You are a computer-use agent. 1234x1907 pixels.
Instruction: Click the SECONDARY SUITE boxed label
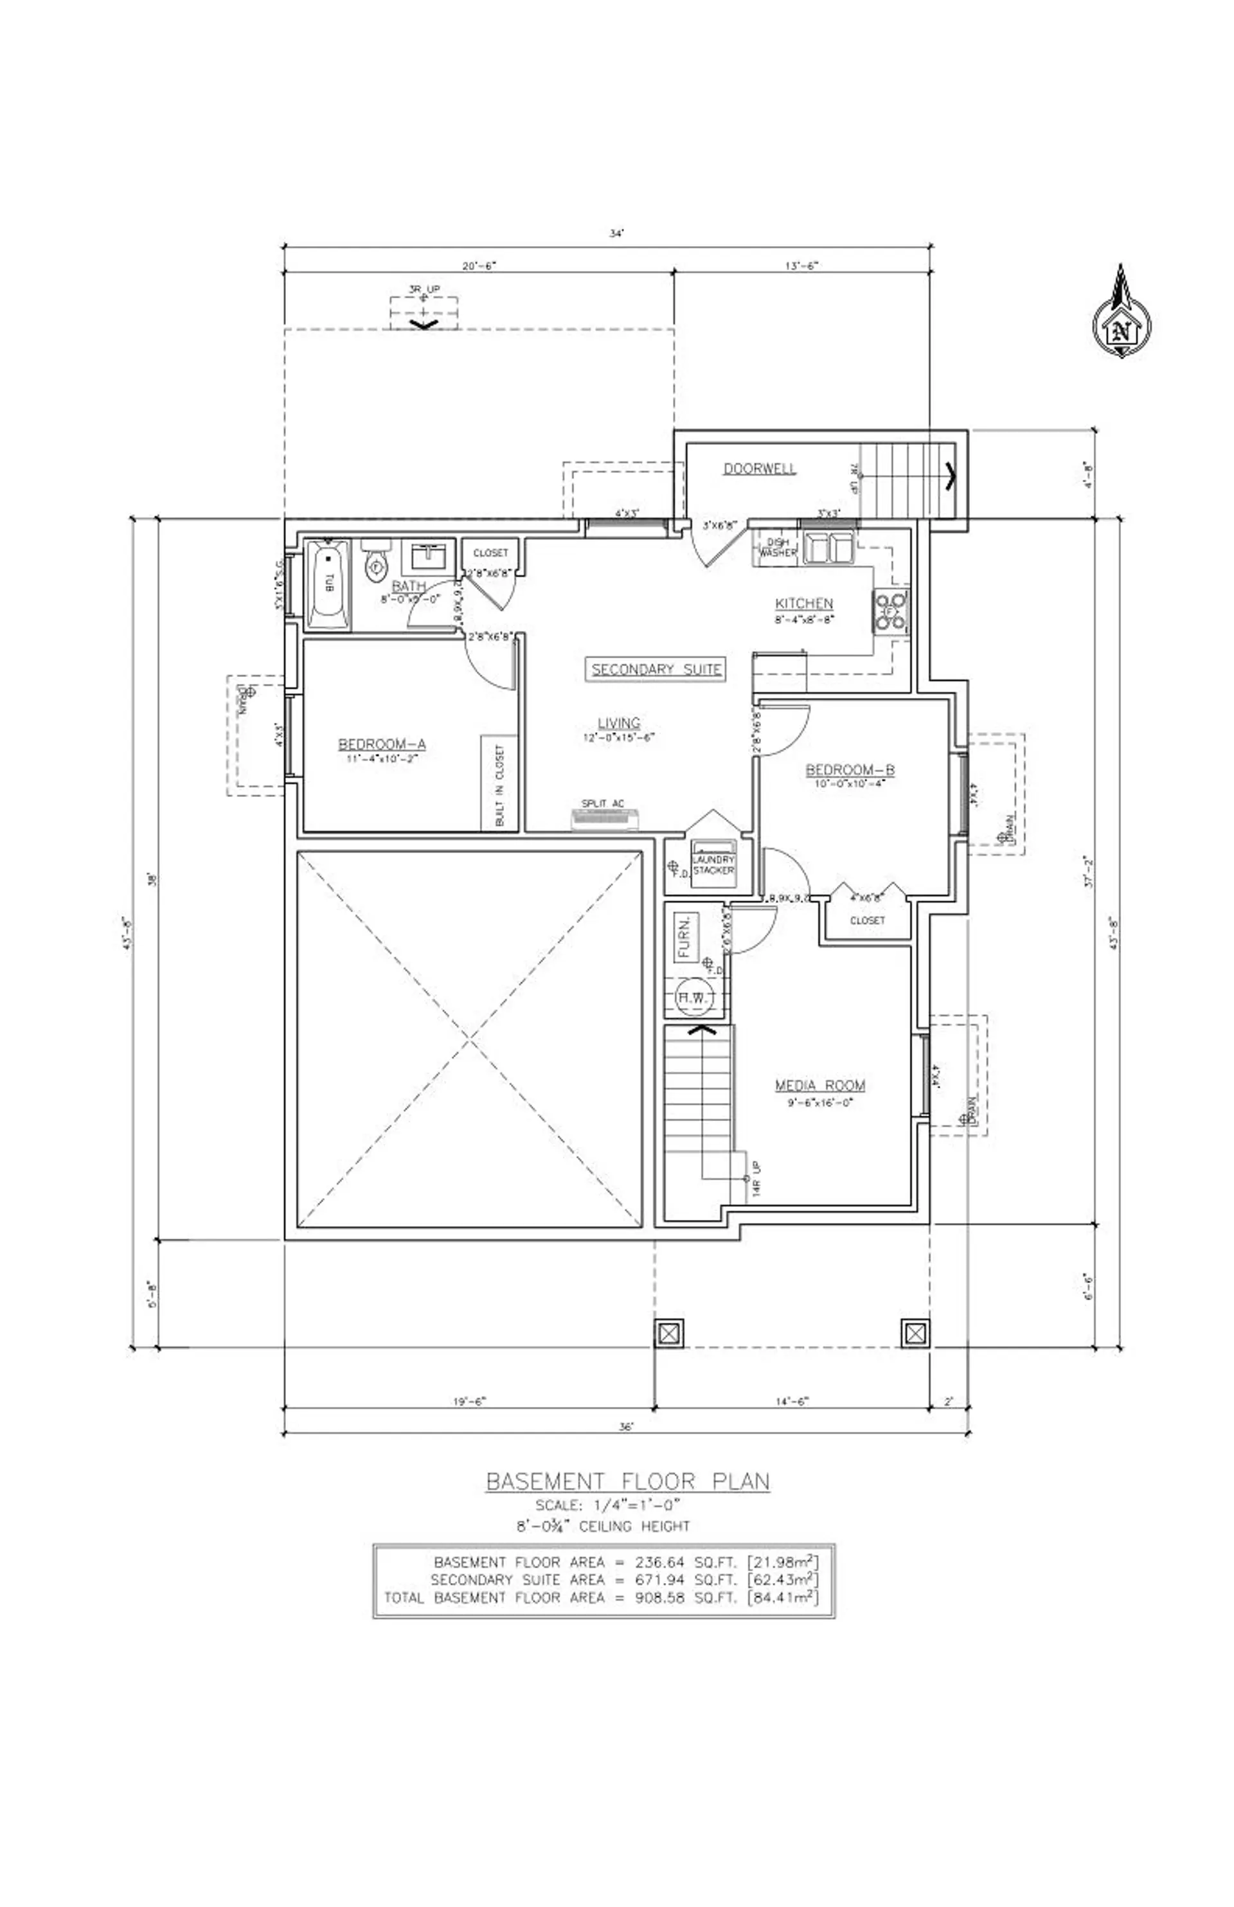coord(656,669)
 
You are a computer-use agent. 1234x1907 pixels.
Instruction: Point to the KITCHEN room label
coord(803,604)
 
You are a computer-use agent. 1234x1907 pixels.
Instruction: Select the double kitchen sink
coord(828,548)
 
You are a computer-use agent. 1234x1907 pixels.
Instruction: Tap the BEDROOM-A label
coord(382,744)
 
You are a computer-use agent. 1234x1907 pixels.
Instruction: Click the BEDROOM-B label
coord(850,770)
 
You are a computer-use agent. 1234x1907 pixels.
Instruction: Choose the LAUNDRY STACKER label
coord(713,864)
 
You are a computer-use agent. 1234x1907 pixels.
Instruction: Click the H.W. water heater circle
coord(693,998)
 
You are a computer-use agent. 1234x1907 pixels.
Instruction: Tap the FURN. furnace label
coord(685,938)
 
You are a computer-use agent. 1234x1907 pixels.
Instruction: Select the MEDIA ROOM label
coord(819,1086)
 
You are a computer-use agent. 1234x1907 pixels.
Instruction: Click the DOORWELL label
coord(760,469)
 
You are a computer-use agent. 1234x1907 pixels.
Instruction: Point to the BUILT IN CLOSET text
coord(500,785)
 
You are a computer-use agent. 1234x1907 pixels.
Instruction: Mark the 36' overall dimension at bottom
coord(627,1426)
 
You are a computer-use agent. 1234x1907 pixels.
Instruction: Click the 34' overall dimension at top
coord(616,234)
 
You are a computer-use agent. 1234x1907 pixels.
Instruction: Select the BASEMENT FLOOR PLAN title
coord(627,1481)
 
